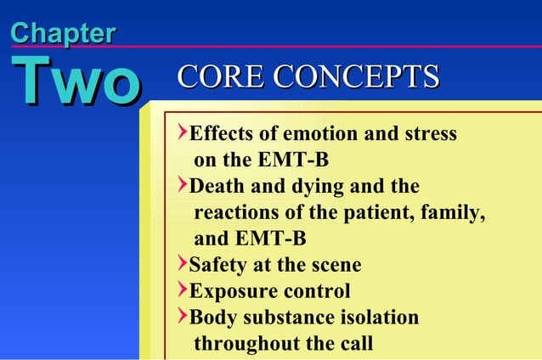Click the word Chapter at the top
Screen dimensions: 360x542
63,34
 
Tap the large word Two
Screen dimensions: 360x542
75,82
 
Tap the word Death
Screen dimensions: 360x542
216,187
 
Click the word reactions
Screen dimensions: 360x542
237,213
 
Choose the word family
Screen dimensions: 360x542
457,213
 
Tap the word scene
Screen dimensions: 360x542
336,266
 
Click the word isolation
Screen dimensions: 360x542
375,318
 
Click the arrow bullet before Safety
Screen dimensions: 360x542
182,265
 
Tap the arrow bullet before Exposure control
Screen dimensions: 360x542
182,291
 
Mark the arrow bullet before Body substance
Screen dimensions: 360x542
182,318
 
